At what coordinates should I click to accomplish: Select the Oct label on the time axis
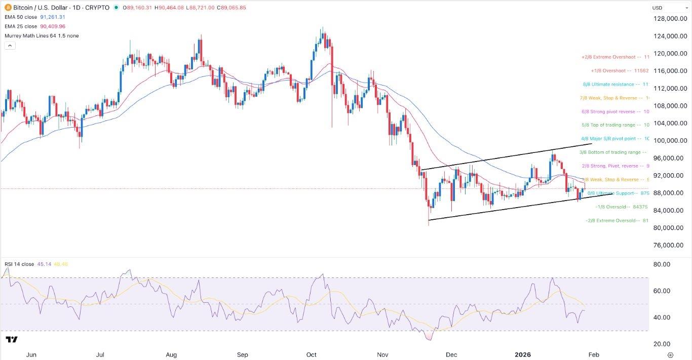click(x=312, y=354)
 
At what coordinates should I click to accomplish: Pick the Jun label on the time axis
click(x=31, y=354)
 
